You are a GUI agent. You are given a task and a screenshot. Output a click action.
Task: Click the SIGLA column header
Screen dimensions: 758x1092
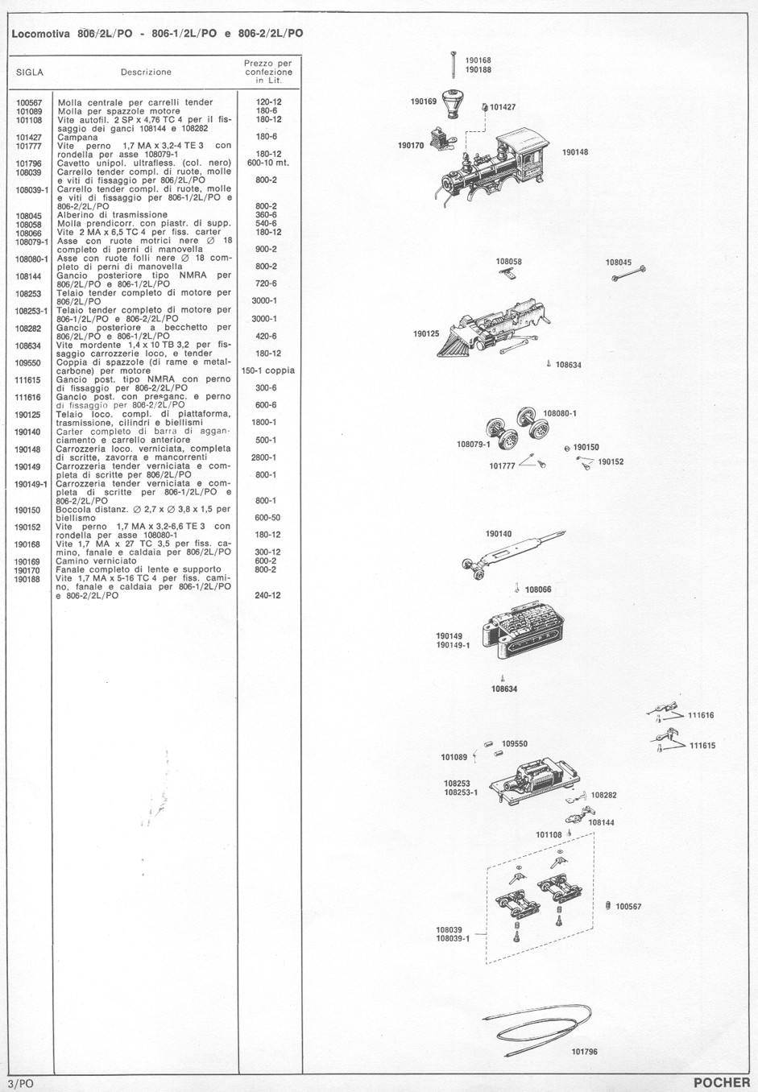click(30, 72)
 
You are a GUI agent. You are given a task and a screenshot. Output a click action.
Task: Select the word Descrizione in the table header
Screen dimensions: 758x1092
click(147, 72)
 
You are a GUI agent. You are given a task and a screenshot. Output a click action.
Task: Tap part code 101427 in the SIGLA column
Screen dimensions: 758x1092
click(29, 138)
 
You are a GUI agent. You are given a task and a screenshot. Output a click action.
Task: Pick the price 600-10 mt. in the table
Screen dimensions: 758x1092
click(268, 163)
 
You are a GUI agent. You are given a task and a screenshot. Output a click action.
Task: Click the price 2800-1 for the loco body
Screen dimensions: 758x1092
click(263, 457)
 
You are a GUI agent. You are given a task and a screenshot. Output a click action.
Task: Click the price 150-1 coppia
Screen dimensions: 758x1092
click(268, 370)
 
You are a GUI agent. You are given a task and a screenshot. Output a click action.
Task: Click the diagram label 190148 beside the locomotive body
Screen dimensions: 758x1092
click(575, 152)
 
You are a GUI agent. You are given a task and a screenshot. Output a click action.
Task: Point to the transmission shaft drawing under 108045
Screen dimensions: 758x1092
click(629, 274)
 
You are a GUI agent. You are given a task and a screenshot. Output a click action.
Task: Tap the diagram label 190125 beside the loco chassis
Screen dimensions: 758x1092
click(426, 334)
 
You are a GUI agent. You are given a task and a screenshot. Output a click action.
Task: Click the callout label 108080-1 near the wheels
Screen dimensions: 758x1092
click(560, 413)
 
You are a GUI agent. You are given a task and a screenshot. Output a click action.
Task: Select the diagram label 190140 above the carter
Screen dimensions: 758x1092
click(499, 534)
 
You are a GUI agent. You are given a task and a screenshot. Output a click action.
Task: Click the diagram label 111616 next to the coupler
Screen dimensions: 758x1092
click(701, 716)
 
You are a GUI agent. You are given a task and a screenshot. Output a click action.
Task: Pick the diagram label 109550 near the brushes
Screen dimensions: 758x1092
click(515, 744)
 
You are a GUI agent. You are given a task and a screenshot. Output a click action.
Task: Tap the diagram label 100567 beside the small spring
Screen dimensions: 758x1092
click(628, 907)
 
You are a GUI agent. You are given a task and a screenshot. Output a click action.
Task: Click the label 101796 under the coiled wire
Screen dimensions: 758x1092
click(584, 1052)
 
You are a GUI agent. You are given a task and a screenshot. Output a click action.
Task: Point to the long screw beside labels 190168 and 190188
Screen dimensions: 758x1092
click(454, 65)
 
